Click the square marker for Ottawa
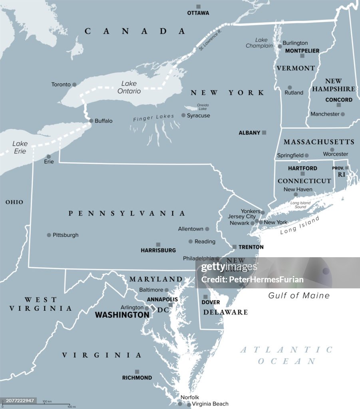click(x=198, y=6)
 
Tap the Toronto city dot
click(x=74, y=85)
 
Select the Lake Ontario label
click(x=129, y=87)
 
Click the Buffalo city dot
click(x=91, y=121)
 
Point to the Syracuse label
click(x=199, y=115)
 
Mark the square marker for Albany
click(x=264, y=132)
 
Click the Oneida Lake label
click(x=203, y=107)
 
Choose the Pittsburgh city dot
click(x=49, y=235)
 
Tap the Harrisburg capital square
click(x=158, y=244)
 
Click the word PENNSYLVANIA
click(x=127, y=214)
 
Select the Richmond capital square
click(x=137, y=371)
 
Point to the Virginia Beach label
click(x=210, y=404)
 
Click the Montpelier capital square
click(x=302, y=56)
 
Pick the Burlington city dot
click(x=279, y=43)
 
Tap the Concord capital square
click(x=338, y=105)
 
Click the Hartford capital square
click(x=302, y=174)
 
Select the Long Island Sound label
click(x=300, y=205)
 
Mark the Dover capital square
click(x=205, y=297)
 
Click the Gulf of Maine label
click(x=299, y=296)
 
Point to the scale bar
click(x=36, y=404)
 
